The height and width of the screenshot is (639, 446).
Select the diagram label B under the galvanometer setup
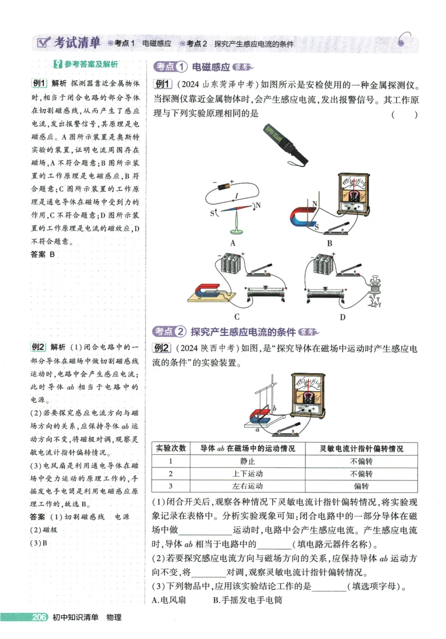[x=329, y=243]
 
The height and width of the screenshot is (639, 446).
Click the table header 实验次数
[x=171, y=448]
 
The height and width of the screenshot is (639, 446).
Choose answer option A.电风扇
[x=168, y=600]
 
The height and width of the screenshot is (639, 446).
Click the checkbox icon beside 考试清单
[x=42, y=42]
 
